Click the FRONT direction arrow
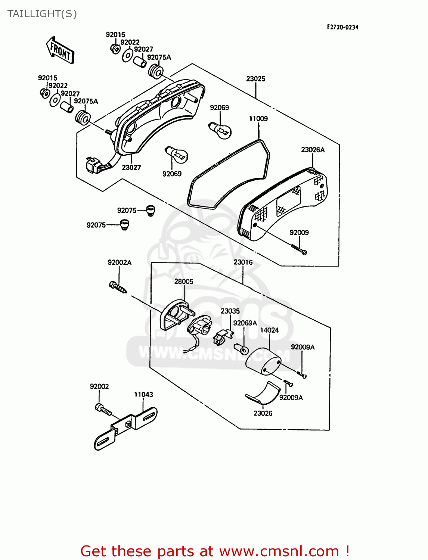coord(60,50)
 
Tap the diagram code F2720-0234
coord(342,27)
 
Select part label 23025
coord(255,79)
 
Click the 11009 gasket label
coord(258,119)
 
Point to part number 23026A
coord(313,150)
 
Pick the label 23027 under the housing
coord(131,167)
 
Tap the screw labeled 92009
coord(299,249)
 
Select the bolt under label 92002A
coord(118,287)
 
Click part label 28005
coord(184,281)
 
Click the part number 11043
coord(143,394)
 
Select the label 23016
coord(243,262)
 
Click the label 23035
coord(230,311)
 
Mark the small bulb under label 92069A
coord(241,349)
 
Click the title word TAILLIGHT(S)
coord(42,14)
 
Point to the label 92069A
coord(245,323)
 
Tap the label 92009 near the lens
coord(299,233)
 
